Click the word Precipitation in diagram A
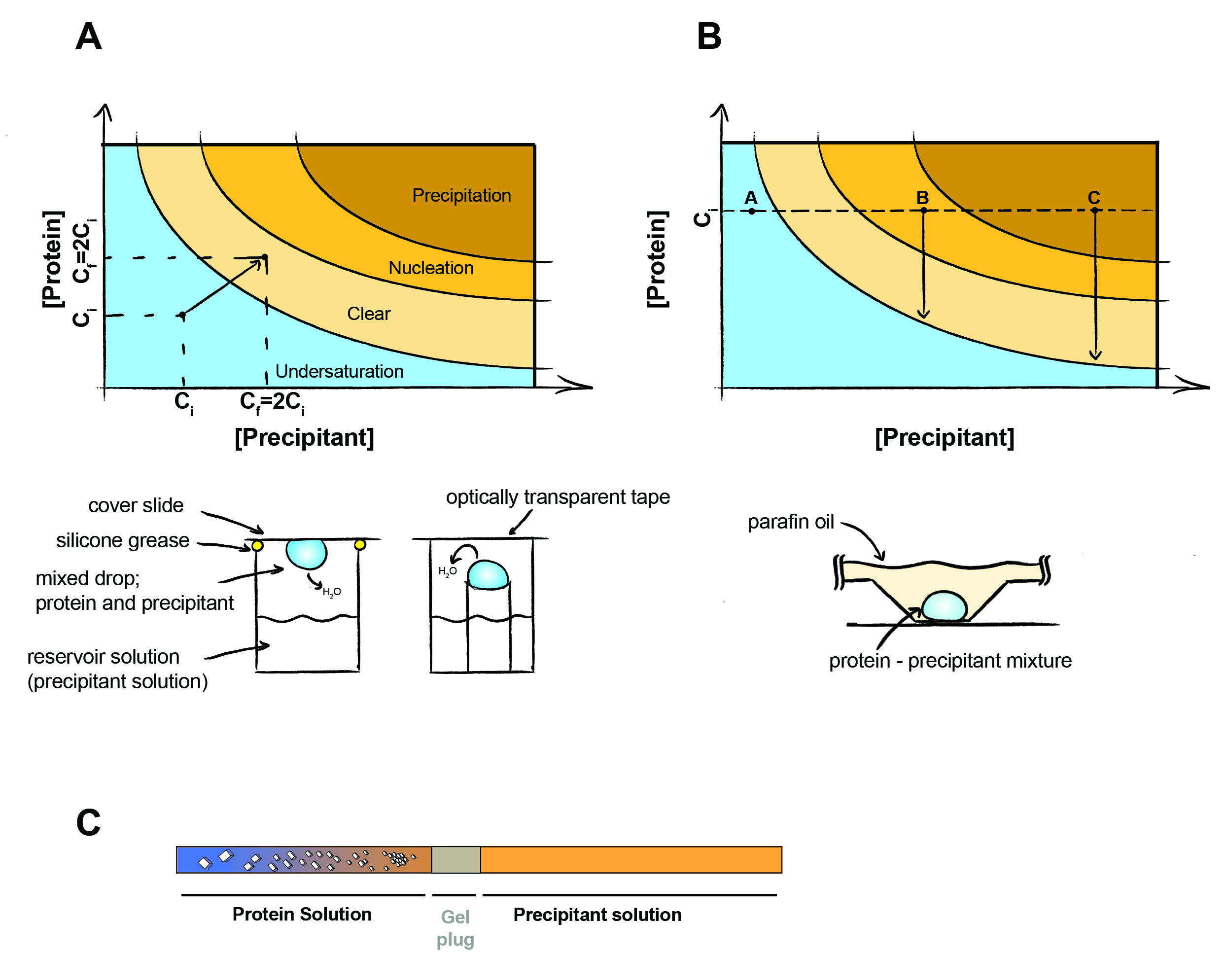(461, 195)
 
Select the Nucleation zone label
(431, 268)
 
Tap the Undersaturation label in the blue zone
(339, 371)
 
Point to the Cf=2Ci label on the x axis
(272, 402)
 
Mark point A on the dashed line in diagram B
(752, 211)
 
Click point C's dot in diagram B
(1094, 211)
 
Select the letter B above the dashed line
(922, 197)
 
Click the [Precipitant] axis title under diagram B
(944, 437)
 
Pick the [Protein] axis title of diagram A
(53, 259)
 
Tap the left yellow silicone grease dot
(257, 545)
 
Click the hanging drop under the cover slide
(306, 553)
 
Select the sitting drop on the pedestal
(488, 575)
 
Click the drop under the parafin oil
(945, 606)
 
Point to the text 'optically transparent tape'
(558, 497)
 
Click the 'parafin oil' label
(790, 522)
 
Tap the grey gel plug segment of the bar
(455, 859)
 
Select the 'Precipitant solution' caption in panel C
(597, 915)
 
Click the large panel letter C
(88, 822)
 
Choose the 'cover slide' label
(136, 505)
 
